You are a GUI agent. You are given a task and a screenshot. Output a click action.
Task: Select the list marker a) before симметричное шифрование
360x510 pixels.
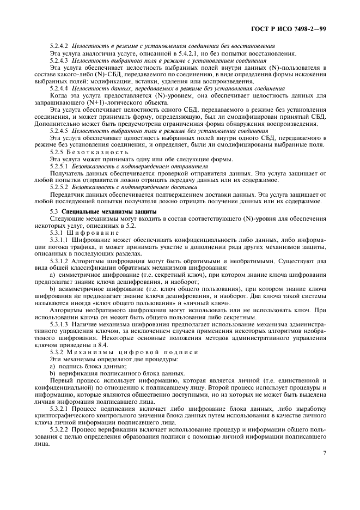pyautogui.click(x=52, y=275)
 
